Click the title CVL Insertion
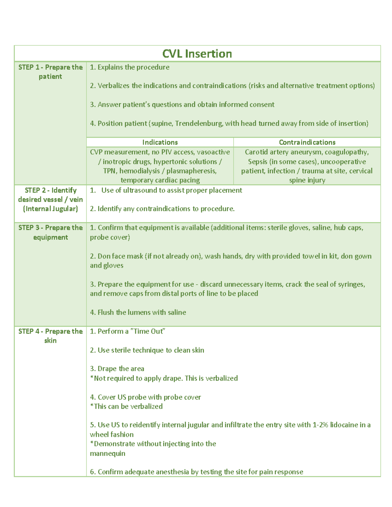coord(197,54)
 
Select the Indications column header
coord(160,142)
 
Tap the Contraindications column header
coord(307,142)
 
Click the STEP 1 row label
coord(50,72)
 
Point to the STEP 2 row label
coord(50,199)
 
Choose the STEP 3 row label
coord(50,232)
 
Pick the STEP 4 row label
coord(50,336)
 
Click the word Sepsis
coord(257,162)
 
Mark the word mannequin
coord(107,453)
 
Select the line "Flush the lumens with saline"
coord(138,312)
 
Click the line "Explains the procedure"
coord(130,67)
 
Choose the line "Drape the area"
coord(117,369)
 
